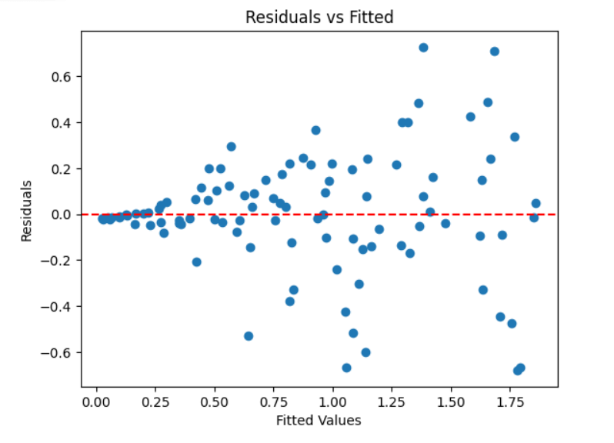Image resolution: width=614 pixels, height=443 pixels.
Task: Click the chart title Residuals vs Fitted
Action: tap(319, 17)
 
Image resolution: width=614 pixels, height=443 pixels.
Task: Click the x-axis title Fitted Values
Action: tap(319, 421)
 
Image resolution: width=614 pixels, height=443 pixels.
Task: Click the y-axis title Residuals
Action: tap(27, 211)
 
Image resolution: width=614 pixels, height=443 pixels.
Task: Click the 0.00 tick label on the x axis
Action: tap(96, 402)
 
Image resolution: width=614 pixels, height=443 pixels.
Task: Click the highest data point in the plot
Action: tap(423, 48)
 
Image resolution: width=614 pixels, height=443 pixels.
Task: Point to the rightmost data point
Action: tap(536, 204)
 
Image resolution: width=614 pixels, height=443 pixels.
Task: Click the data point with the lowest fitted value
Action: tap(102, 219)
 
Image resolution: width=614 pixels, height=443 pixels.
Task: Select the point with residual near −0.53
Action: tap(249, 336)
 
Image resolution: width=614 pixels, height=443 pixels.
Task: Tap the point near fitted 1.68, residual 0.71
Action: tap(495, 52)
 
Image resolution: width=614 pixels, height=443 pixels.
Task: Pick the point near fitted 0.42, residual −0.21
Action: tap(197, 262)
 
